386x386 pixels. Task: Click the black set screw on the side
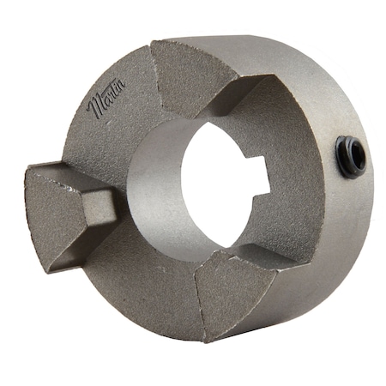(349, 155)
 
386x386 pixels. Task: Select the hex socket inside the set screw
(351, 156)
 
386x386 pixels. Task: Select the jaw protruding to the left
(64, 210)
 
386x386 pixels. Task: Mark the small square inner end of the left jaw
(100, 207)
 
